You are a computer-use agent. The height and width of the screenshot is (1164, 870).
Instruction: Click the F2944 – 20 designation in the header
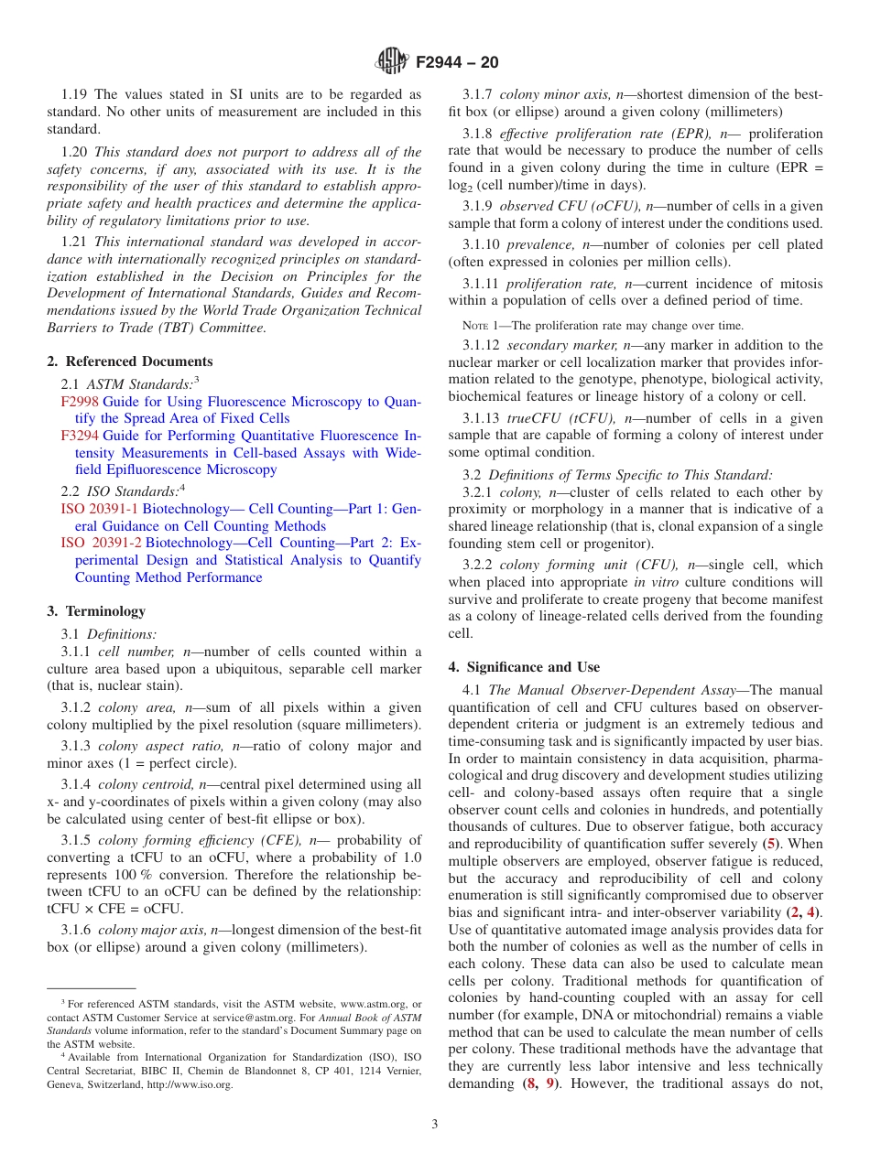(457, 62)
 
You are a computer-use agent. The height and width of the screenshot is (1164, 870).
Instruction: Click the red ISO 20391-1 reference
(102, 509)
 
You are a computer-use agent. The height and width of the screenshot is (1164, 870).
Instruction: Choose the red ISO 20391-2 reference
(102, 543)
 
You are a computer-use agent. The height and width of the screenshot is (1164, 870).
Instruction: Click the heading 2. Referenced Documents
(130, 361)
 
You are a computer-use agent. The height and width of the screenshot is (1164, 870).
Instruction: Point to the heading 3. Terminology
(96, 611)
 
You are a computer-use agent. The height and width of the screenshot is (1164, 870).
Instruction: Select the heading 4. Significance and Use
(524, 667)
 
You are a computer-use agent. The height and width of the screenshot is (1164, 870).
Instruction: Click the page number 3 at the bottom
(435, 1124)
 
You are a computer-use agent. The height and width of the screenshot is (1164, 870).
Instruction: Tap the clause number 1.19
(76, 94)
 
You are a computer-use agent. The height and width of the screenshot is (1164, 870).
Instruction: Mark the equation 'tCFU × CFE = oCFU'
(114, 909)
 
